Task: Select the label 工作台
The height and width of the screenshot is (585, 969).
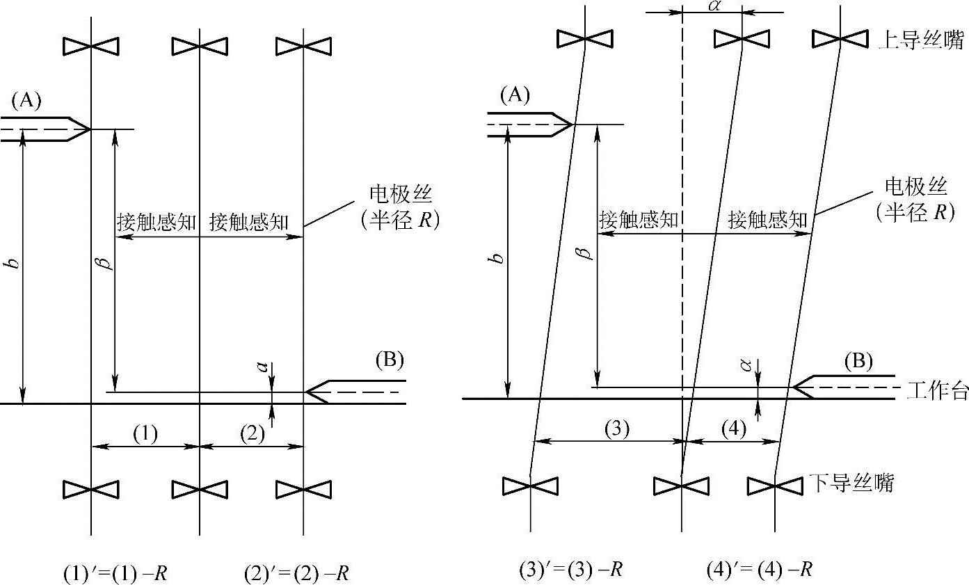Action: (937, 390)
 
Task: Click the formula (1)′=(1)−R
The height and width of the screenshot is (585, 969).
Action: (115, 574)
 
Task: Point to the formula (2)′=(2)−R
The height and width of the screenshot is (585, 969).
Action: (296, 574)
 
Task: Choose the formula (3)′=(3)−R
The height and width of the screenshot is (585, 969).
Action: (570, 570)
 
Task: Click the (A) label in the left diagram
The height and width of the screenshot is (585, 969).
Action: (26, 102)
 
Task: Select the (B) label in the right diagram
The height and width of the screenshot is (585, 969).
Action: (858, 362)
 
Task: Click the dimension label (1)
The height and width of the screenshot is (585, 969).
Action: (145, 434)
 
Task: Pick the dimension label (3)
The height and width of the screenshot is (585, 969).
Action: (616, 429)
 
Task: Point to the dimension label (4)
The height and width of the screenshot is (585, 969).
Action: (732, 429)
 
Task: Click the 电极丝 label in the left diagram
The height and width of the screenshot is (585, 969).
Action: (397, 193)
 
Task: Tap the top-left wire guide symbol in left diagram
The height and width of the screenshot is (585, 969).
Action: (91, 47)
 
